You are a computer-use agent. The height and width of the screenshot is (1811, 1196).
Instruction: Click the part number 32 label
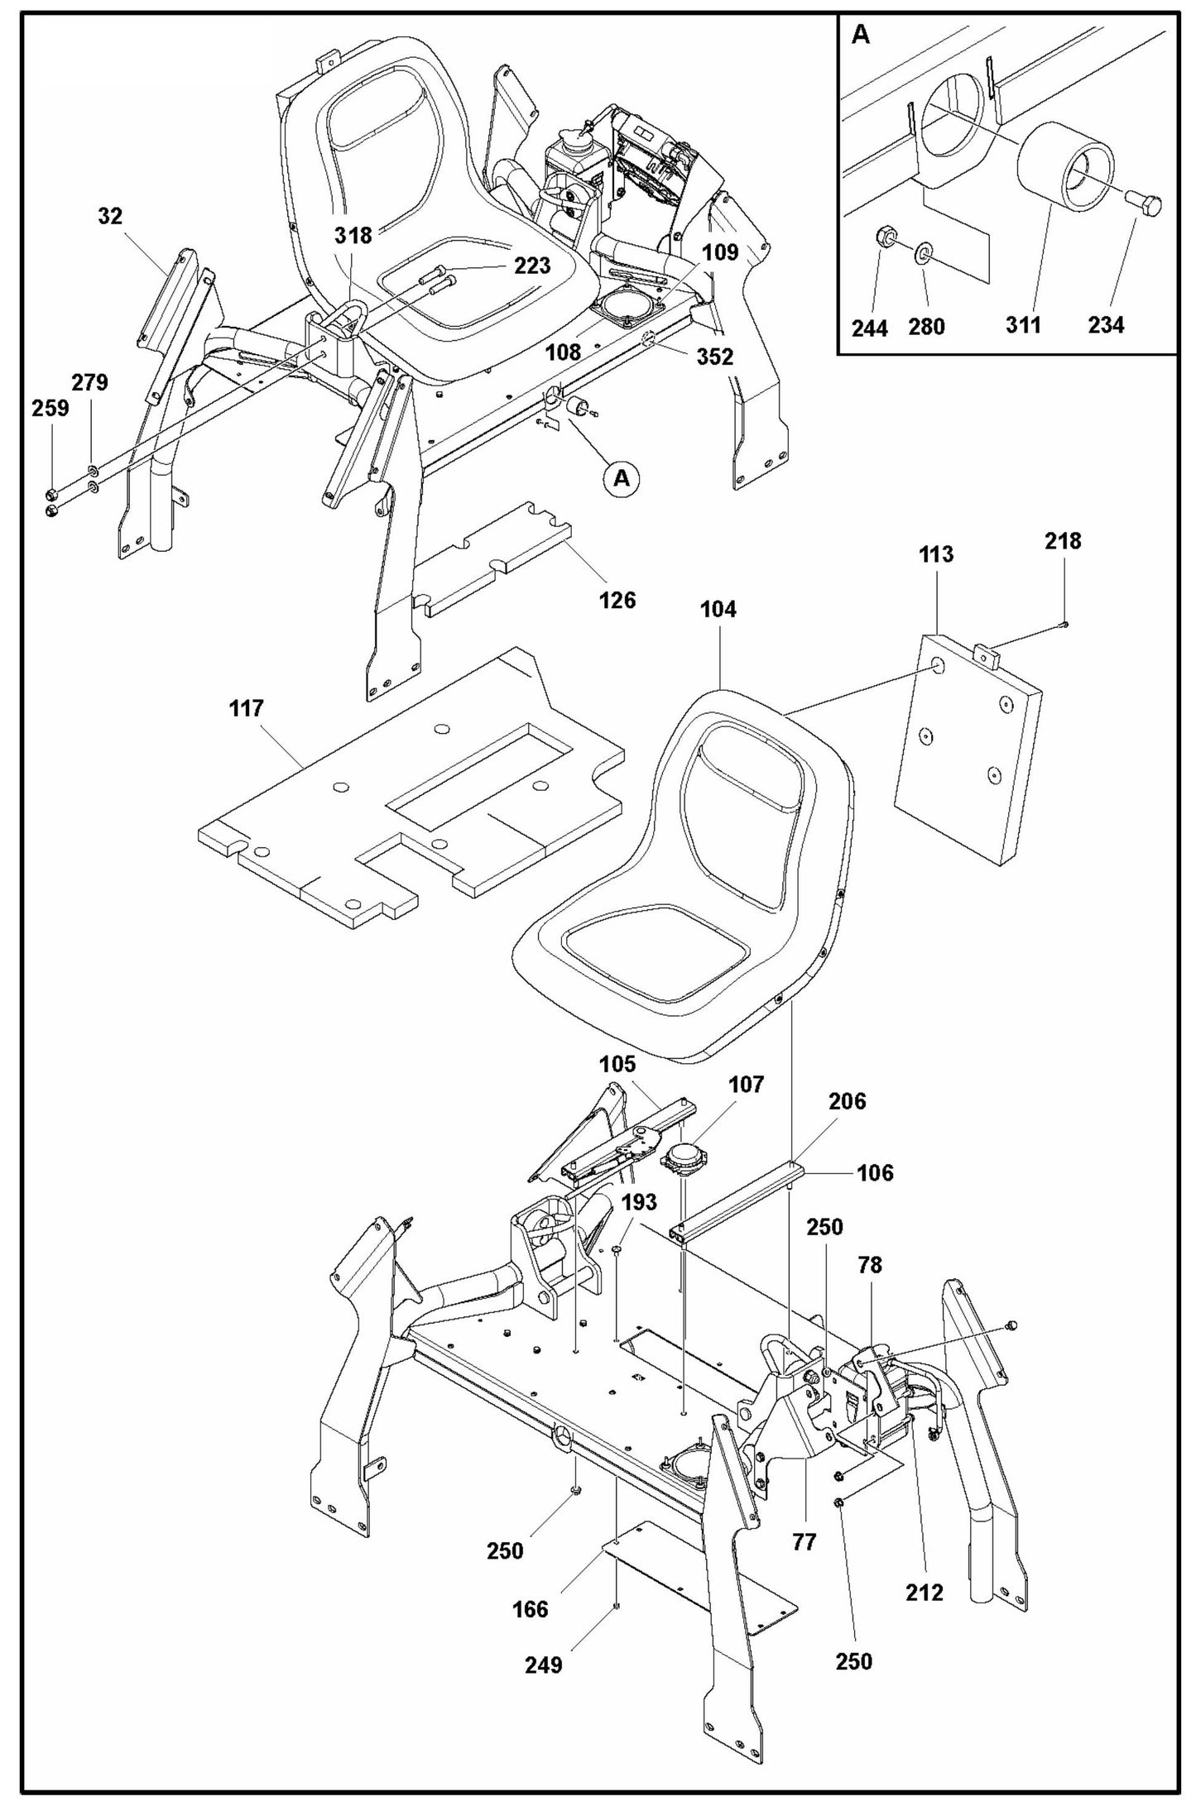(110, 217)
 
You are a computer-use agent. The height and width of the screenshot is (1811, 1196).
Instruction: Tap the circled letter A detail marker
(622, 477)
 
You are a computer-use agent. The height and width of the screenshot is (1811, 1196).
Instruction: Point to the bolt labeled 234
(1145, 202)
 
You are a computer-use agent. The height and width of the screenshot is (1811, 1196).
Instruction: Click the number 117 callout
(247, 708)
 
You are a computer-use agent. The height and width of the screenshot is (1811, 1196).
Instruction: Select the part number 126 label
(617, 600)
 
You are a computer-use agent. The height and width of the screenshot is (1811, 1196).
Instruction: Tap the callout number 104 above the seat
(718, 610)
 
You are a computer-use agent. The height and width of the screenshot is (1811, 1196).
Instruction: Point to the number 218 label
(1063, 541)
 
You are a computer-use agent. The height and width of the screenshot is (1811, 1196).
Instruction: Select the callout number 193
(639, 1202)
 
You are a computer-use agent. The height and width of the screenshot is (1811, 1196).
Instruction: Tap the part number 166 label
(530, 1609)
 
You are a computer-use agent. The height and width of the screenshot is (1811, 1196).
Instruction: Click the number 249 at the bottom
(543, 1665)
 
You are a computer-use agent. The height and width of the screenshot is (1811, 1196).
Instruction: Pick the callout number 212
(925, 1593)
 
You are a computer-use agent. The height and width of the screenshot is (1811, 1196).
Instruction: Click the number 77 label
(805, 1542)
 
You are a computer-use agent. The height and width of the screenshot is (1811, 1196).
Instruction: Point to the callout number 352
(715, 357)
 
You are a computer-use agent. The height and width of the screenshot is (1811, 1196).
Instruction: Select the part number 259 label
(51, 408)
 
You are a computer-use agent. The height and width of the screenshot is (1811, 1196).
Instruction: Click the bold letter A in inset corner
(861, 36)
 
